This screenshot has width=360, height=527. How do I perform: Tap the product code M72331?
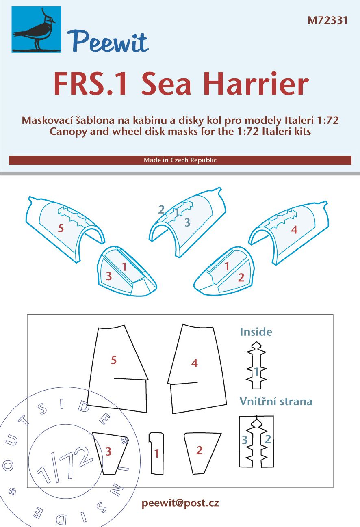(x=327, y=21)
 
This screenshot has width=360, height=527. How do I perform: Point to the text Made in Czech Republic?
(x=180, y=160)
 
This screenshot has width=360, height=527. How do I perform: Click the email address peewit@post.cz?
(x=180, y=503)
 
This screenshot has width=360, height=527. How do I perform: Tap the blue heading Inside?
(x=256, y=332)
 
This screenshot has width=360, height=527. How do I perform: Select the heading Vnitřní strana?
(x=276, y=402)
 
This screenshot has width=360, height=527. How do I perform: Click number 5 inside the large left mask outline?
(x=114, y=360)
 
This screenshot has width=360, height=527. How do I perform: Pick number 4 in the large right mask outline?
(x=195, y=363)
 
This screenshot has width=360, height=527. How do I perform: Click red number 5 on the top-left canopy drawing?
(x=61, y=229)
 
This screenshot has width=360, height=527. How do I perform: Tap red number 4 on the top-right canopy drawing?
(x=294, y=230)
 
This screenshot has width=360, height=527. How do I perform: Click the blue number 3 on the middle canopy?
(x=187, y=222)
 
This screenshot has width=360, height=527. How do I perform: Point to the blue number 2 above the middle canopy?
(x=161, y=210)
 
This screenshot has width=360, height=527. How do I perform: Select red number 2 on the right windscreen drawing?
(x=241, y=278)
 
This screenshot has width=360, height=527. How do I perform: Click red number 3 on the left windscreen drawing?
(x=108, y=276)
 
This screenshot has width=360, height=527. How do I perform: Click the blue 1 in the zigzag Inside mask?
(x=256, y=371)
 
